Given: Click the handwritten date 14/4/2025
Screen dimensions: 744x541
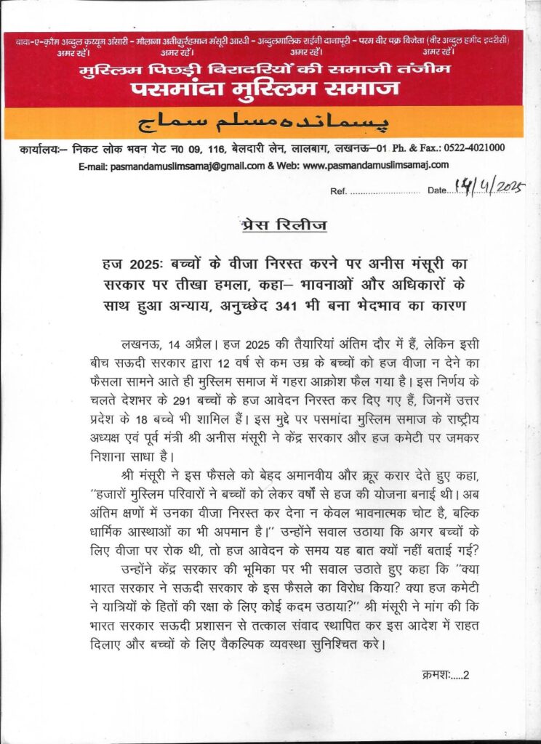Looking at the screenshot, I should click(x=488, y=187).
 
